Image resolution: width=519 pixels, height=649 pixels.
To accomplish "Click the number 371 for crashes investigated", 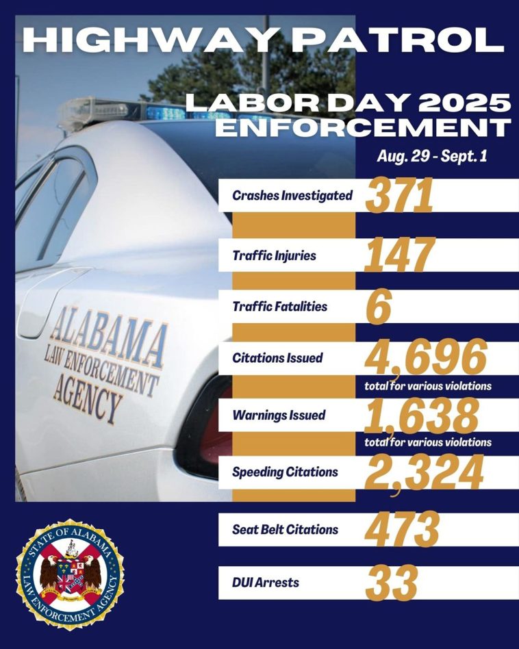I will point(400,196).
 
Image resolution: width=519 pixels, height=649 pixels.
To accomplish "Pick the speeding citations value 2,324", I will point(425,472).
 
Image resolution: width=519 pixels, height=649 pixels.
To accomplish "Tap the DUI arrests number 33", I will point(391,583).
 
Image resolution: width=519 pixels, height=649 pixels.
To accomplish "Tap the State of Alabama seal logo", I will point(69,574).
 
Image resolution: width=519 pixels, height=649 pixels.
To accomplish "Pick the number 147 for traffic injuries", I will point(399,255).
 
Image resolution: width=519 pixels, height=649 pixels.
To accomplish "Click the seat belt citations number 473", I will point(401,529).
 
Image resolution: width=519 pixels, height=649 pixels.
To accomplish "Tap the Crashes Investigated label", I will point(292,196).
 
